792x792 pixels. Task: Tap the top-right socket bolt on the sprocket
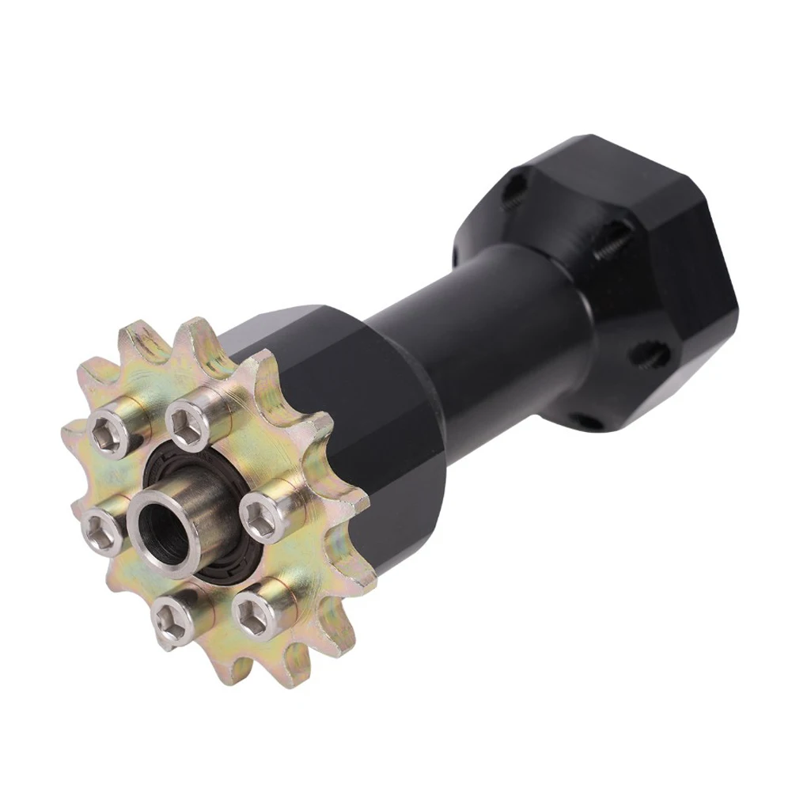click(x=188, y=416)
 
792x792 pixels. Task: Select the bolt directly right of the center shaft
click(x=258, y=519)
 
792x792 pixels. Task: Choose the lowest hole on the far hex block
click(x=586, y=419)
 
